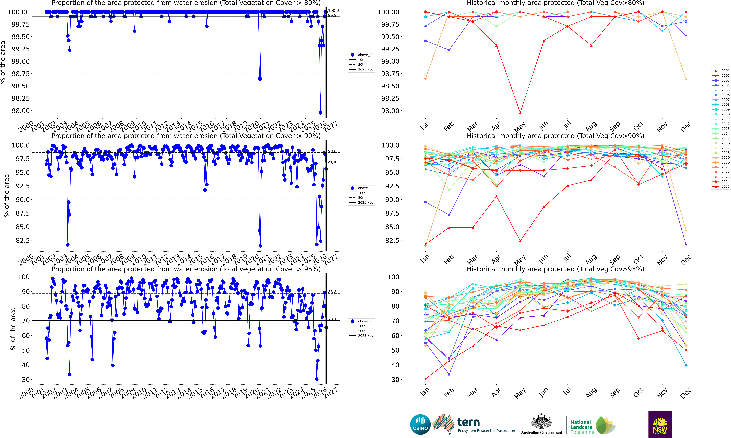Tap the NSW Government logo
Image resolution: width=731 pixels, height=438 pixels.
point(660,424)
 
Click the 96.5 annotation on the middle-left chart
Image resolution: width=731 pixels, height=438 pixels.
point(332,163)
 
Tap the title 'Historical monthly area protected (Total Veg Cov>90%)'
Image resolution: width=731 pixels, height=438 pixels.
point(555,136)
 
